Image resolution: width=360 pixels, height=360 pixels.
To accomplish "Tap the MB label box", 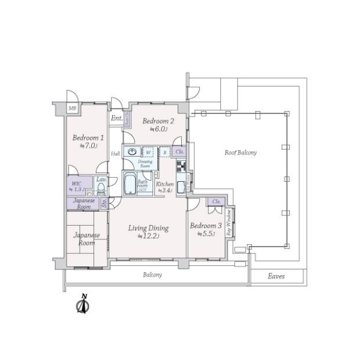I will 72,108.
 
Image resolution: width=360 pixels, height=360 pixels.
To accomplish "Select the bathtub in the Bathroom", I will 129,184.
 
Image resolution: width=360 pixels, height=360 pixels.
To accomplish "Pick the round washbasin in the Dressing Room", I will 131,151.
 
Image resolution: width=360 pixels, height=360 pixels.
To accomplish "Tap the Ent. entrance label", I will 117,119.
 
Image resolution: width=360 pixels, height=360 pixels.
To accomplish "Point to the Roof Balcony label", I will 241,153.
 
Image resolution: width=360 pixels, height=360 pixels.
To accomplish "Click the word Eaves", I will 277,277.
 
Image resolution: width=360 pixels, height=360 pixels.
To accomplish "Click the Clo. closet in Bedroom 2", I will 179,152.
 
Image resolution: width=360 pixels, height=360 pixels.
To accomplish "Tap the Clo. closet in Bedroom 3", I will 216,202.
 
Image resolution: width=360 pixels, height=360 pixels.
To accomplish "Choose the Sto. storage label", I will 104,203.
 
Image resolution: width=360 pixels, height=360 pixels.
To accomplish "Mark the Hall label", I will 115,154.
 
